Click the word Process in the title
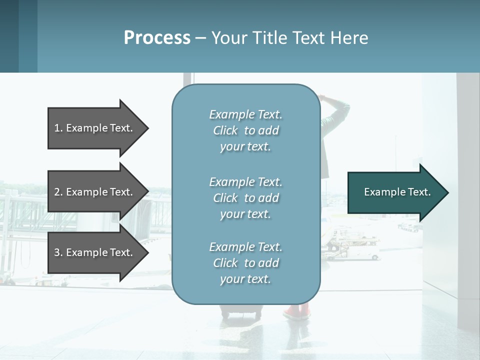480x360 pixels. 157,38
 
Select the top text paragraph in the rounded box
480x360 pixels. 245,130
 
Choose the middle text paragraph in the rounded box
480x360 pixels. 245,198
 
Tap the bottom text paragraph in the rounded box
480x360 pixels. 245,263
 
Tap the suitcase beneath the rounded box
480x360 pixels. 241,313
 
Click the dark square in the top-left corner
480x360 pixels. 9,36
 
